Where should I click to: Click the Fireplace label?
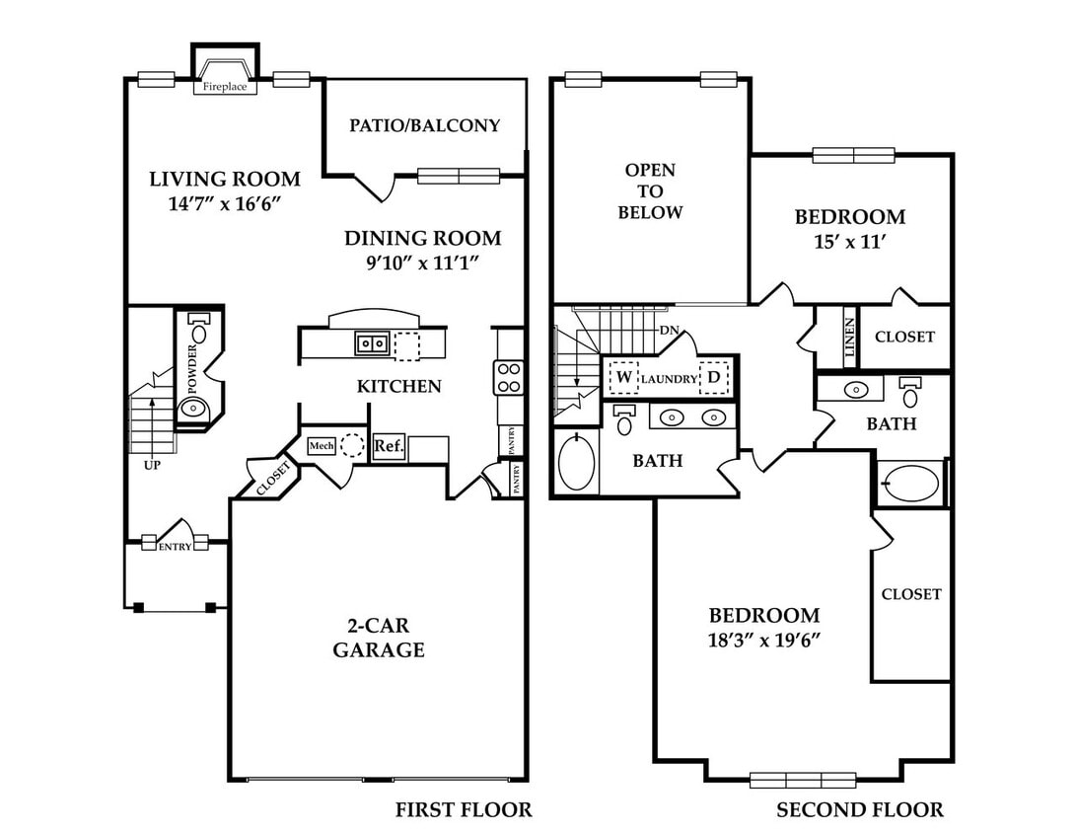(x=225, y=87)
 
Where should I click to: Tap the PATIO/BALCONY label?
(x=424, y=125)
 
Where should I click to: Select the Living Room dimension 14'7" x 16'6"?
(x=225, y=203)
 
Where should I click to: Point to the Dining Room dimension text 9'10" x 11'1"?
(x=422, y=263)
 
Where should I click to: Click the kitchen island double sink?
(x=372, y=342)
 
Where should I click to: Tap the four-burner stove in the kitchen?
(x=509, y=377)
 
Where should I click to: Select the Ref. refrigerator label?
(x=389, y=445)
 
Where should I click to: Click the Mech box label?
(x=322, y=446)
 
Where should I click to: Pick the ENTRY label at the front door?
(x=176, y=547)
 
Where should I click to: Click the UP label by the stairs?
(x=152, y=465)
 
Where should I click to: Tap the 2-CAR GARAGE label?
(x=379, y=638)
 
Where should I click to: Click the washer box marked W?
(x=623, y=377)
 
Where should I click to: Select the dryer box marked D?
(x=714, y=377)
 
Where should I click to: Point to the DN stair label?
(x=669, y=330)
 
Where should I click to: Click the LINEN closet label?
(x=850, y=338)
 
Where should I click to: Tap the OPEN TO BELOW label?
(x=650, y=191)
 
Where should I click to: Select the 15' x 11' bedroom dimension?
(x=849, y=242)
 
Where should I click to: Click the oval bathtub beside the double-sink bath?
(x=576, y=462)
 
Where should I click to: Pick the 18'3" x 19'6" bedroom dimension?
(x=764, y=640)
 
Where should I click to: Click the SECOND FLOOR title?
(x=860, y=810)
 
